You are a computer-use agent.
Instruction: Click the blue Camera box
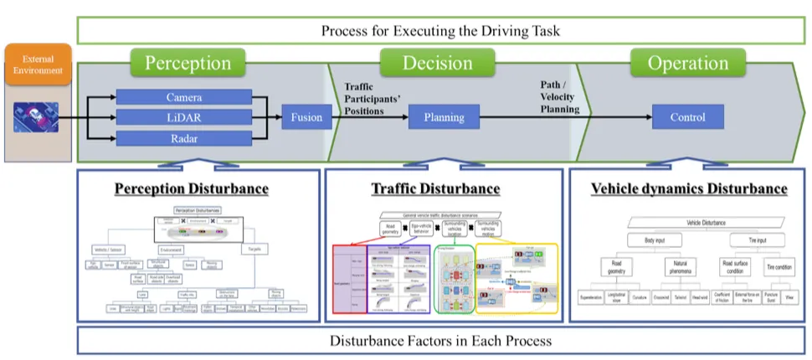[x=184, y=98]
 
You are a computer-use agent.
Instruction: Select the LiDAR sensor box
[x=184, y=117]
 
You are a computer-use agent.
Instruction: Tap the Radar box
[x=184, y=138]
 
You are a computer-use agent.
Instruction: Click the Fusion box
[x=306, y=117]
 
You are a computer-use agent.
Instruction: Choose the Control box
[x=687, y=117]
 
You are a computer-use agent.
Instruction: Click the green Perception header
[x=188, y=63]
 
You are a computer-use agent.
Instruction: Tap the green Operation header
[x=687, y=63]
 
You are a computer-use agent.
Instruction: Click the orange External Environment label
[x=37, y=64]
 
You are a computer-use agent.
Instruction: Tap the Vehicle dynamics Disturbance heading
[x=689, y=188]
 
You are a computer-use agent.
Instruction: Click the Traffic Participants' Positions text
[x=373, y=100]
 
